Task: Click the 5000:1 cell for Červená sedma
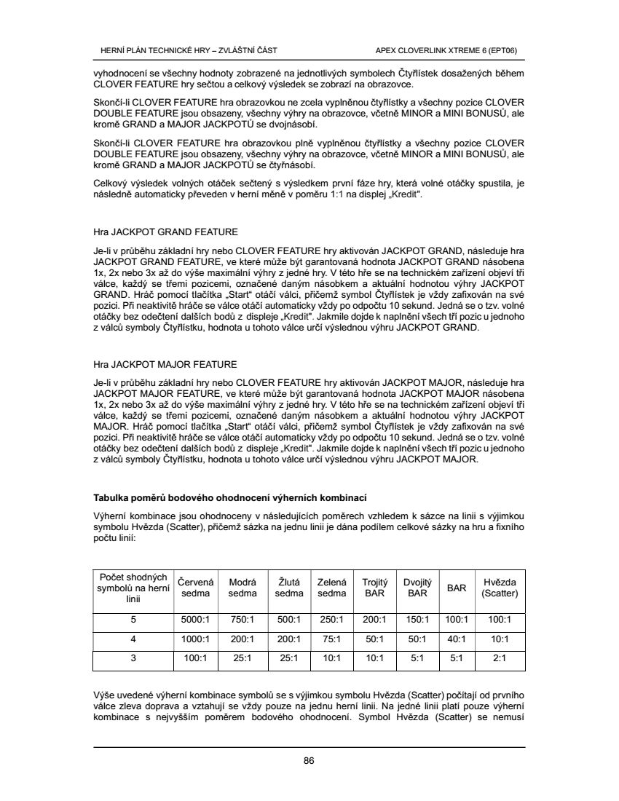click(194, 620)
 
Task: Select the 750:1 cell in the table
click(242, 620)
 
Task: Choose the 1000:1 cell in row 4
click(194, 639)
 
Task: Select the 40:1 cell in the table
click(457, 639)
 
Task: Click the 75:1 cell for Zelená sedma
click(332, 639)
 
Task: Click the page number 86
click(309, 761)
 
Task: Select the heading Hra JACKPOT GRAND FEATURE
click(165, 232)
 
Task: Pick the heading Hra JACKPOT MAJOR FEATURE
click(165, 363)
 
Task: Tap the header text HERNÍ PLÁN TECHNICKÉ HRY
click(188, 50)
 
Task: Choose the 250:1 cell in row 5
click(332, 620)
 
